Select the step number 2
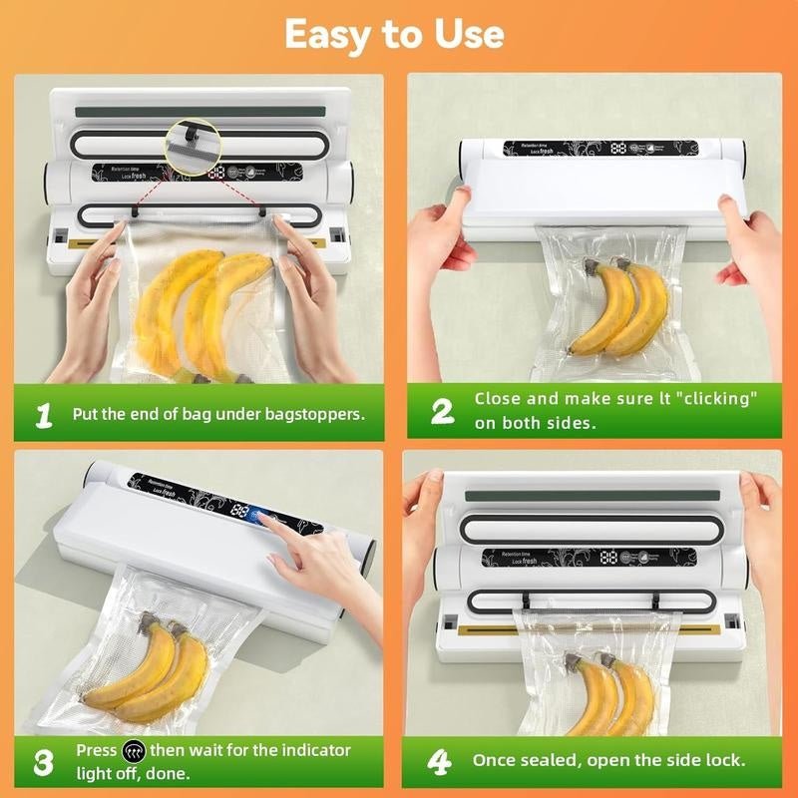442,411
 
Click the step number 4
440,761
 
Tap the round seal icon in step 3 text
133,750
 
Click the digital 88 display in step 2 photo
619,148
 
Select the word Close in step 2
498,399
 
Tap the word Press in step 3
97,750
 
